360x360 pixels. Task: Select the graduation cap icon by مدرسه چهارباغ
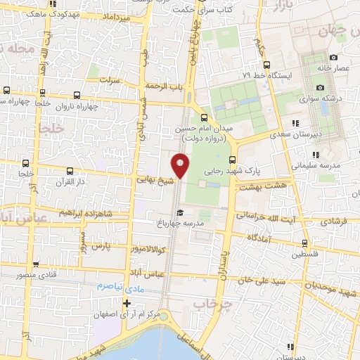pyautogui.click(x=181, y=213)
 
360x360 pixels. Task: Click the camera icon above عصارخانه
pyautogui.click(x=333, y=58)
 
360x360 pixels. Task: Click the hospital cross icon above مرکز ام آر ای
pyautogui.click(x=127, y=304)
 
